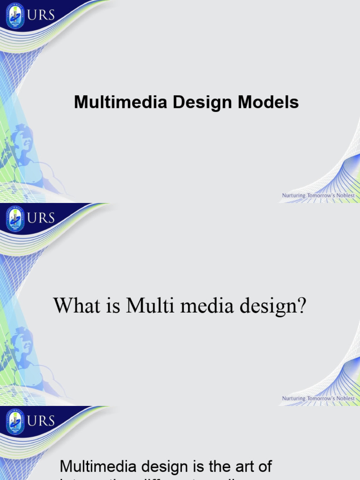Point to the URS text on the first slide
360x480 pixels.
(x=41, y=15)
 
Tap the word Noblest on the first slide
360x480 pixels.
(x=344, y=195)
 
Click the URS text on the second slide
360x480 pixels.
(x=41, y=218)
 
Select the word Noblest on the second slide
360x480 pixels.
(x=344, y=398)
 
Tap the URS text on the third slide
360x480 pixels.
(x=41, y=421)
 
